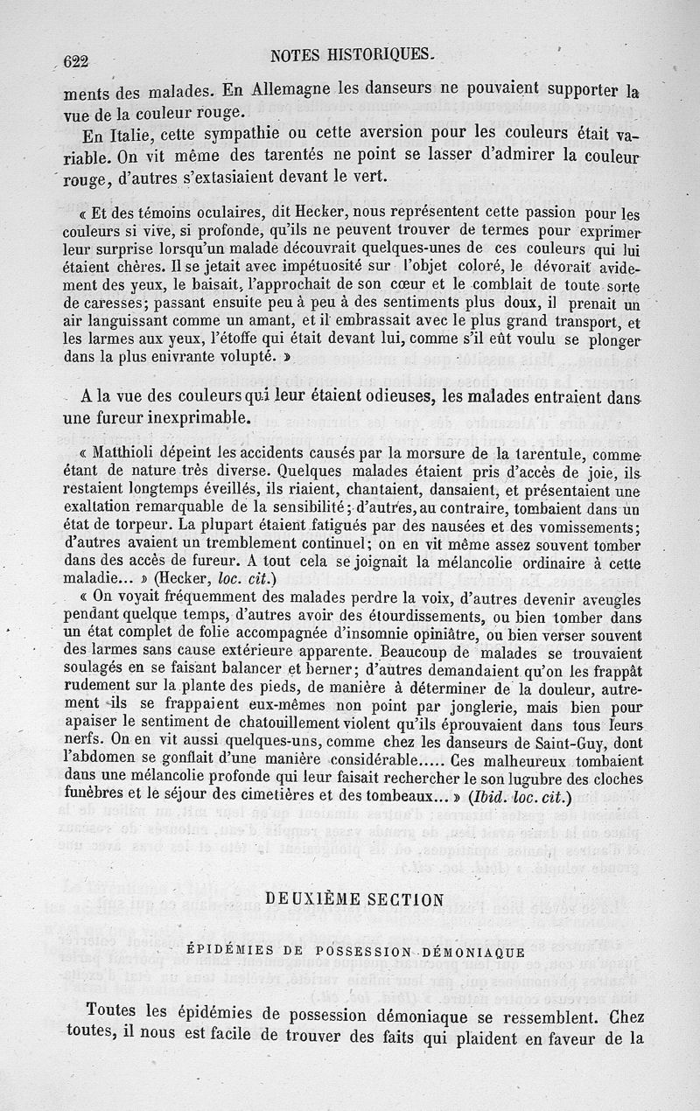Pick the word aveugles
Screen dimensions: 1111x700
click(605, 598)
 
